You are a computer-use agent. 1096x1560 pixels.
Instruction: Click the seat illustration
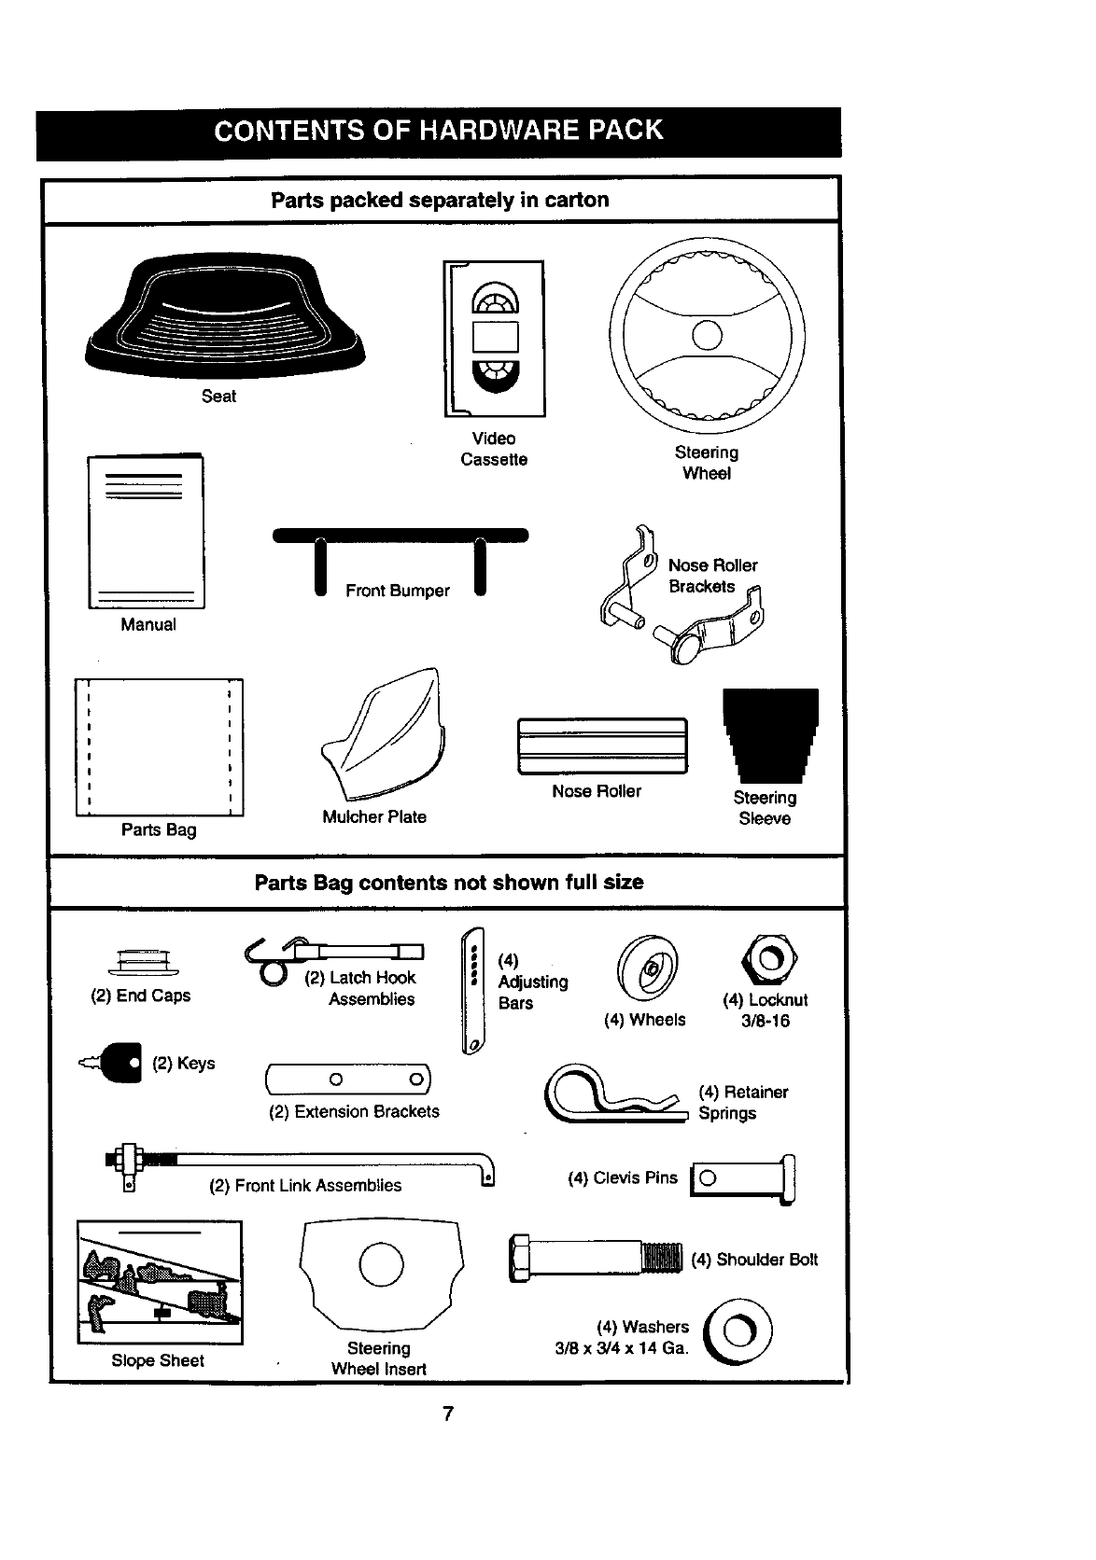click(x=224, y=317)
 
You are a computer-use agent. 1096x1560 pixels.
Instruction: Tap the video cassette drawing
click(x=495, y=338)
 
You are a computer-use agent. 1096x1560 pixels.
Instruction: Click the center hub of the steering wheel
click(x=707, y=334)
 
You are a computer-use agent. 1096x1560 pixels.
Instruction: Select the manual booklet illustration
click(x=147, y=532)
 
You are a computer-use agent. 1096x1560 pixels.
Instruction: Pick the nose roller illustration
click(x=602, y=745)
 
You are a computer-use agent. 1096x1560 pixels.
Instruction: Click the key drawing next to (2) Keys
click(x=119, y=1064)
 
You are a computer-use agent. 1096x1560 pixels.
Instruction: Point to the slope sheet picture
click(x=160, y=1282)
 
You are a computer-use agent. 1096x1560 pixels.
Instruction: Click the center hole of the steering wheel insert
click(x=382, y=1264)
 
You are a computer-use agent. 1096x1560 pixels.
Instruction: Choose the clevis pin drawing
click(x=743, y=1178)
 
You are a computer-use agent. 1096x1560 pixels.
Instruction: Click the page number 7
click(x=448, y=1414)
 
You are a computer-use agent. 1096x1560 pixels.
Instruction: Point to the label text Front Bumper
click(x=398, y=591)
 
